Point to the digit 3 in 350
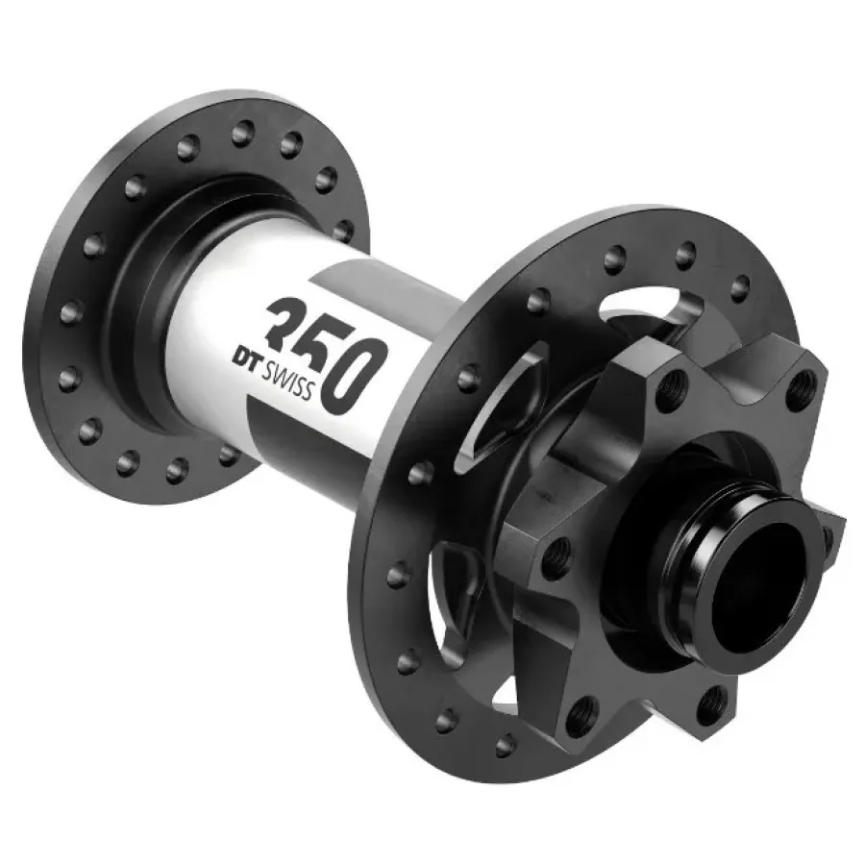[x=290, y=322]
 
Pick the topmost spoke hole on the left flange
[x=243, y=132]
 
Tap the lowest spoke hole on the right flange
[x=506, y=745]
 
